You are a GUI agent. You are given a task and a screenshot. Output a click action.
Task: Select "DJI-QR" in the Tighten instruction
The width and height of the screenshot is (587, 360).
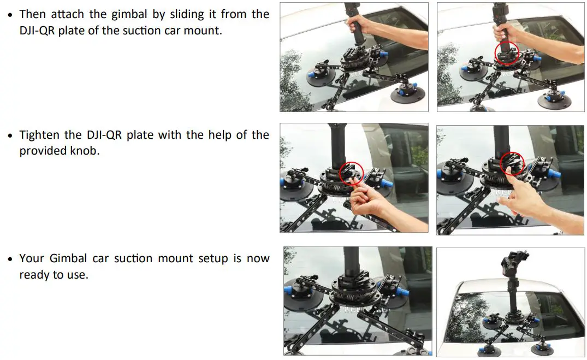[x=104, y=135]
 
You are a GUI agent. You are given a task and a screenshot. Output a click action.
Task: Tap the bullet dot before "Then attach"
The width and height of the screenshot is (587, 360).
[x=10, y=15]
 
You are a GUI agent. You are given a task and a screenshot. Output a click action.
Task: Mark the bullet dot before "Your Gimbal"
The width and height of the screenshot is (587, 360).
[x=10, y=259]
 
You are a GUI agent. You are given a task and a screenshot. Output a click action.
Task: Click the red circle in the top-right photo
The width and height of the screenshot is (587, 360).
[x=507, y=54]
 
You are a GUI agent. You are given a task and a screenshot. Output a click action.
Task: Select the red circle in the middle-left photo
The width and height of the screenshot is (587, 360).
[x=349, y=173]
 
